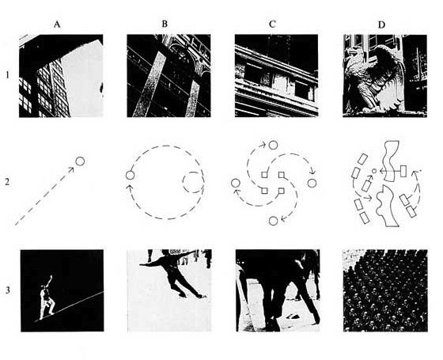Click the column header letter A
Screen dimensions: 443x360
[x=57, y=25]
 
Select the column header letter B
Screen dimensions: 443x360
[x=165, y=24]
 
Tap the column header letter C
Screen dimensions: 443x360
[x=272, y=25]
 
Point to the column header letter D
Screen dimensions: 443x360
[x=381, y=25]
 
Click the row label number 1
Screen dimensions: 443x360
[x=8, y=75]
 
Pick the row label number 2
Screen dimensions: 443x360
[x=7, y=182]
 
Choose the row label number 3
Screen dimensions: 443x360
[x=8, y=290]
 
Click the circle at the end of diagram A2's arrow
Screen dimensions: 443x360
[x=80, y=161]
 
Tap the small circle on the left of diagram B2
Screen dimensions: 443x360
[x=130, y=175]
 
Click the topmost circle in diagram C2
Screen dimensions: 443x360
[x=273, y=146]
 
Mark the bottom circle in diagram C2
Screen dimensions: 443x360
[x=273, y=221]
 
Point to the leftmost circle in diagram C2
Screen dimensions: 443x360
[x=236, y=184]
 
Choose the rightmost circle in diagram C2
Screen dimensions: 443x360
[x=312, y=183]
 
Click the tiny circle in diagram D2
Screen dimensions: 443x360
[x=374, y=171]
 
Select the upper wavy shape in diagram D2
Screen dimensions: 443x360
[x=391, y=161]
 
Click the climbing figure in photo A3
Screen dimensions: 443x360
[x=47, y=298]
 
